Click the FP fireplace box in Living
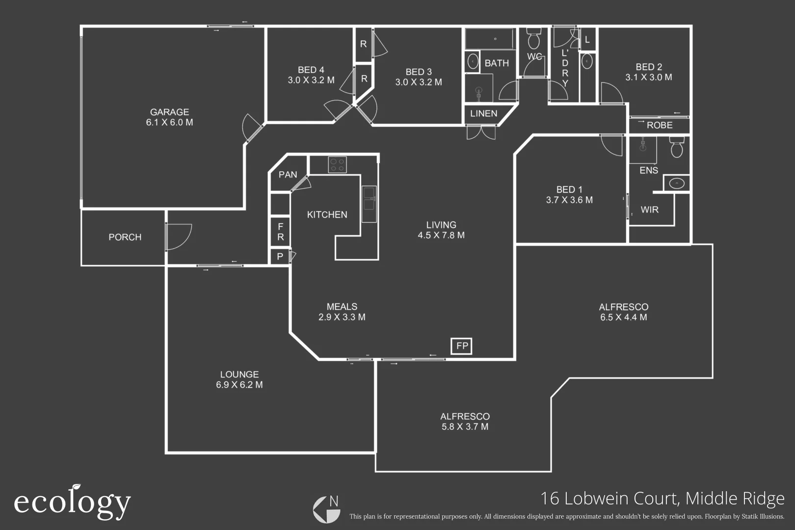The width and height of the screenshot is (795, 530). tap(462, 346)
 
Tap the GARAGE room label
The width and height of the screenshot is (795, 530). tap(169, 112)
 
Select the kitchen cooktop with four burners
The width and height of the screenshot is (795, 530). tap(337, 164)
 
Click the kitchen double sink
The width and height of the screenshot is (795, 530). tap(369, 204)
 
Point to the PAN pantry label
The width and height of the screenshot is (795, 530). tap(288, 175)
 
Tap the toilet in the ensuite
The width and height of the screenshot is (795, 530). tap(677, 147)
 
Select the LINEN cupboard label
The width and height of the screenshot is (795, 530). tap(483, 114)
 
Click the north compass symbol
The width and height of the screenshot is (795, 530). tap(327, 509)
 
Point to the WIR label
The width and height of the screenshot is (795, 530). tap(649, 210)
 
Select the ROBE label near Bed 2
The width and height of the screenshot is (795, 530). tap(659, 126)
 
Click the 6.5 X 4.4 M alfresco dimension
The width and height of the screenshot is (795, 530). tap(623, 318)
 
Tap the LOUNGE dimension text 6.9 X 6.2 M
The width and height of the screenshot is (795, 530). tap(239, 385)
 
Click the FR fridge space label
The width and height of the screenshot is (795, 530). tap(280, 232)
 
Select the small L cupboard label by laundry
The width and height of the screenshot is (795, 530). tap(587, 40)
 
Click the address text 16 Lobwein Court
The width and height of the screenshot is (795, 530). tap(609, 499)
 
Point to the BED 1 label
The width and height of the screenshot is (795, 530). tap(569, 189)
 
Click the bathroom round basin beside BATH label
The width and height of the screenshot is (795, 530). tap(473, 62)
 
